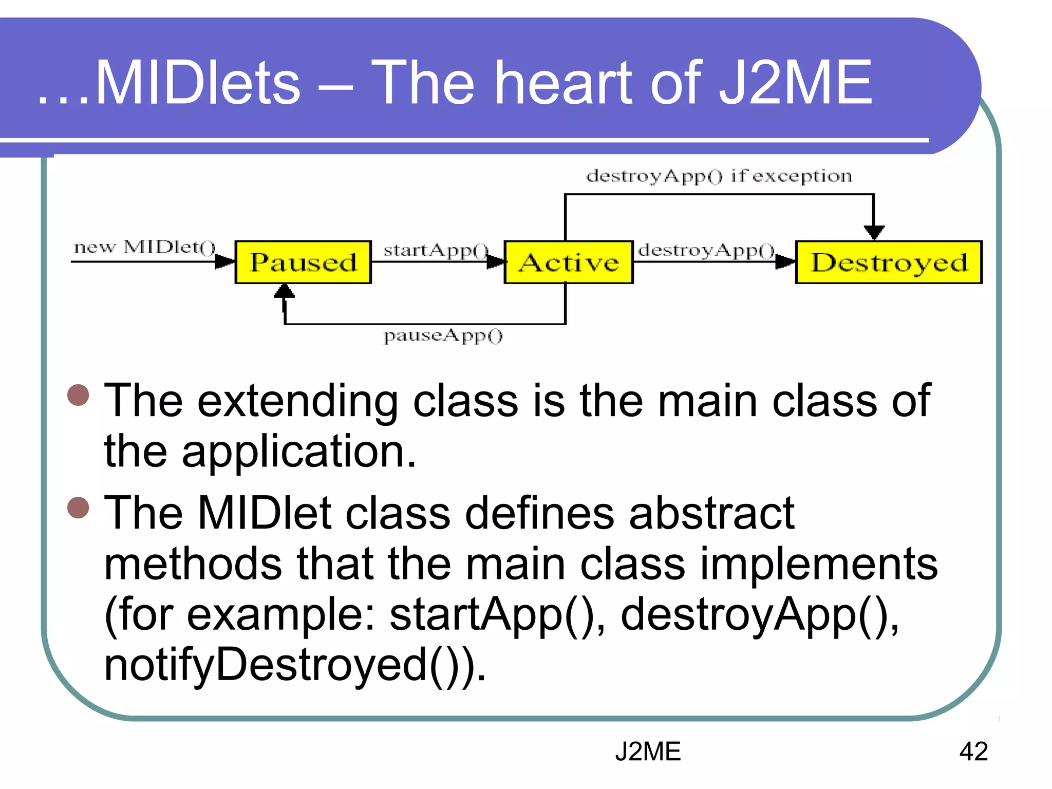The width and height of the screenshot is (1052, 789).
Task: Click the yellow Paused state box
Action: pos(303,262)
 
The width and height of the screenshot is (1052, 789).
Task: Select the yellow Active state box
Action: pos(568,262)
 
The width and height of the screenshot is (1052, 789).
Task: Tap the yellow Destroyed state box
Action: pos(889,262)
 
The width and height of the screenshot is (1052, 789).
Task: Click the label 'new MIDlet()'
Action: pos(145,247)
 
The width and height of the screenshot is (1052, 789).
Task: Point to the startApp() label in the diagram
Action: pos(436,250)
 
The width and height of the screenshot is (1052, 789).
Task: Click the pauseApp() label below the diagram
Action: pos(443,335)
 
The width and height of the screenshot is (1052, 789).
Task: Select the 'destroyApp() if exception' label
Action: pos(719,176)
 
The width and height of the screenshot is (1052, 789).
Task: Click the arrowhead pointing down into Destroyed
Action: pos(874,233)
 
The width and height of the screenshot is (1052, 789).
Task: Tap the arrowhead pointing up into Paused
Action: pos(284,291)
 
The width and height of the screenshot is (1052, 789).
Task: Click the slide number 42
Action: pos(973,752)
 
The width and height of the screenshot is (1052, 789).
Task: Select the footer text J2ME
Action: pos(648,752)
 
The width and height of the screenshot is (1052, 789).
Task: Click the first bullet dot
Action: pos(78,395)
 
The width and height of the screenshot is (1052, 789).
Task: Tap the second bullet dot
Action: pos(78,508)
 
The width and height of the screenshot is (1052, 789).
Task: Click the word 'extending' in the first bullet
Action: pos(298,402)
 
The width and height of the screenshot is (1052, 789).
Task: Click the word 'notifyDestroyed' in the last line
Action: pos(265,665)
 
